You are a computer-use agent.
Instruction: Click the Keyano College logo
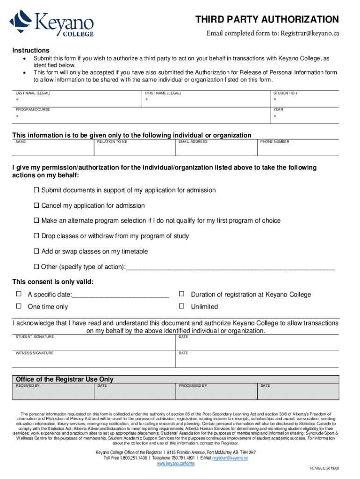pos(52,23)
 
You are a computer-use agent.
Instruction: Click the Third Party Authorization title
pos(267,20)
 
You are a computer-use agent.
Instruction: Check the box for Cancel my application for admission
pos(36,206)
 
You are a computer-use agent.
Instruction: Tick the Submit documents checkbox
pos(36,190)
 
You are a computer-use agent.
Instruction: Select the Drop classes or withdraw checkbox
pos(36,236)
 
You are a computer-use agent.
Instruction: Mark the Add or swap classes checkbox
pos(36,252)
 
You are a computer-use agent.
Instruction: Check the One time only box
pos(19,306)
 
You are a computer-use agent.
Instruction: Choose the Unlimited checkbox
pos(181,306)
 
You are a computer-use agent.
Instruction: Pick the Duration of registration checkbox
pos(181,294)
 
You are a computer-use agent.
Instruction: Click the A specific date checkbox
pos(19,294)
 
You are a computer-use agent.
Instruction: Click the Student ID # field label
pos(286,94)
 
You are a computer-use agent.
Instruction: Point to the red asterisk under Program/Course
pos(17,116)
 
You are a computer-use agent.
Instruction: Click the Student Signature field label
pos(35,337)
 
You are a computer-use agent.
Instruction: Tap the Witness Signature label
pos(35,353)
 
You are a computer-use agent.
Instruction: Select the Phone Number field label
pos(275,142)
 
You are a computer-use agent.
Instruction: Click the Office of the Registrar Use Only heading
pos(65,379)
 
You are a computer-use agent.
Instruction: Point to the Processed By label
pos(193,386)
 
